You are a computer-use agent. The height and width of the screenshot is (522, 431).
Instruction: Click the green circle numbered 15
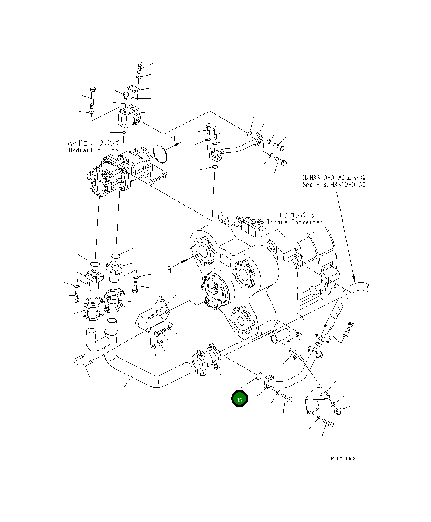click(239, 398)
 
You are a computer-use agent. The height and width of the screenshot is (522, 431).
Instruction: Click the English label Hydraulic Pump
click(93, 150)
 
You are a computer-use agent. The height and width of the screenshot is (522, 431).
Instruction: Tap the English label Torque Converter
click(294, 222)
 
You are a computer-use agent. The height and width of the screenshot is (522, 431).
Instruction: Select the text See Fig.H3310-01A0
click(334, 185)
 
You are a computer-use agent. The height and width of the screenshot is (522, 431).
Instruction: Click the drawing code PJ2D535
click(345, 459)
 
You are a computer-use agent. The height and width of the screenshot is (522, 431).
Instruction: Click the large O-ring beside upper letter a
click(160, 153)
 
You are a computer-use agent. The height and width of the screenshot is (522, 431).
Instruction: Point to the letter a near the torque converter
click(169, 269)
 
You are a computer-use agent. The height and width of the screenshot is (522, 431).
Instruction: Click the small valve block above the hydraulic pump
click(129, 116)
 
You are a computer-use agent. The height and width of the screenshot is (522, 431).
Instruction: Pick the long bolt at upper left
click(93, 97)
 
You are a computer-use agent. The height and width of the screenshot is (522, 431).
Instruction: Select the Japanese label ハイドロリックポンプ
click(93, 143)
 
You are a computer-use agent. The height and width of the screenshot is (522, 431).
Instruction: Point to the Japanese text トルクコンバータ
click(296, 215)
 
